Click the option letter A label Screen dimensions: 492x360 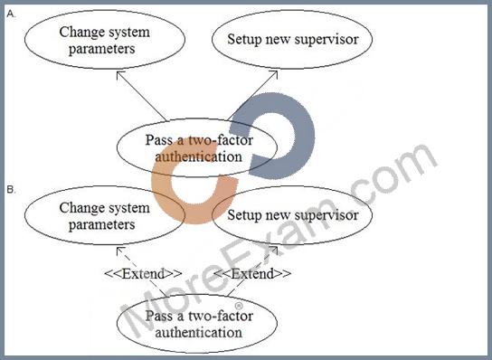[11, 14]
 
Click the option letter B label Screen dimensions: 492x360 [11, 190]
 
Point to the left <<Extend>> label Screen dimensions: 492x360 [143, 274]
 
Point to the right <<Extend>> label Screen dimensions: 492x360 [252, 274]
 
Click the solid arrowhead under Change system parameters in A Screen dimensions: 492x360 [120, 75]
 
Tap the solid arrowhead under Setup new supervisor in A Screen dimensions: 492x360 [274, 75]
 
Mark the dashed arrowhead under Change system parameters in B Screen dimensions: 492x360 [120, 251]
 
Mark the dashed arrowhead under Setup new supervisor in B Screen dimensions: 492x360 [274, 251]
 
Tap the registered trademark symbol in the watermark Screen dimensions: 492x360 [239, 306]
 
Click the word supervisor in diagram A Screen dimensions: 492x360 [326, 40]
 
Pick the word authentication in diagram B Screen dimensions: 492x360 [199, 333]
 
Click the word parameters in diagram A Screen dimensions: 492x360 [101, 50]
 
